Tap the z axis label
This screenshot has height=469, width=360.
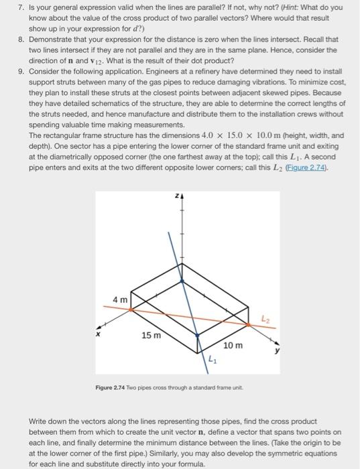coord(176,197)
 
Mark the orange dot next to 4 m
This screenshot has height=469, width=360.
coord(131,309)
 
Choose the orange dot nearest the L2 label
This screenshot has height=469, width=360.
coord(249,324)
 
